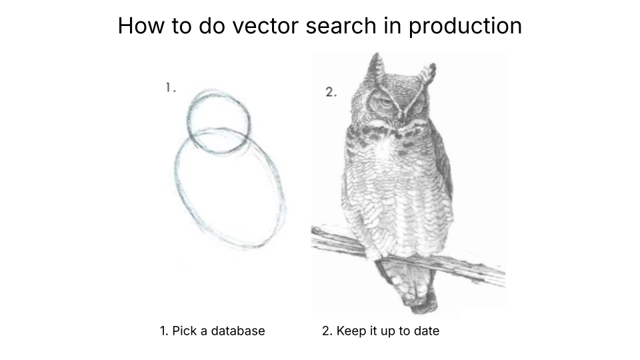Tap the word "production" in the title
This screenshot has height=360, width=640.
click(x=465, y=25)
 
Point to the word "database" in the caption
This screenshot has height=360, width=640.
click(x=238, y=331)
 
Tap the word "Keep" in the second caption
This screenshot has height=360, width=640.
click(x=351, y=331)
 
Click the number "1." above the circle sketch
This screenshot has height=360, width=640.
click(x=171, y=87)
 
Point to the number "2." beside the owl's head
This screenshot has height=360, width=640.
click(x=331, y=92)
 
